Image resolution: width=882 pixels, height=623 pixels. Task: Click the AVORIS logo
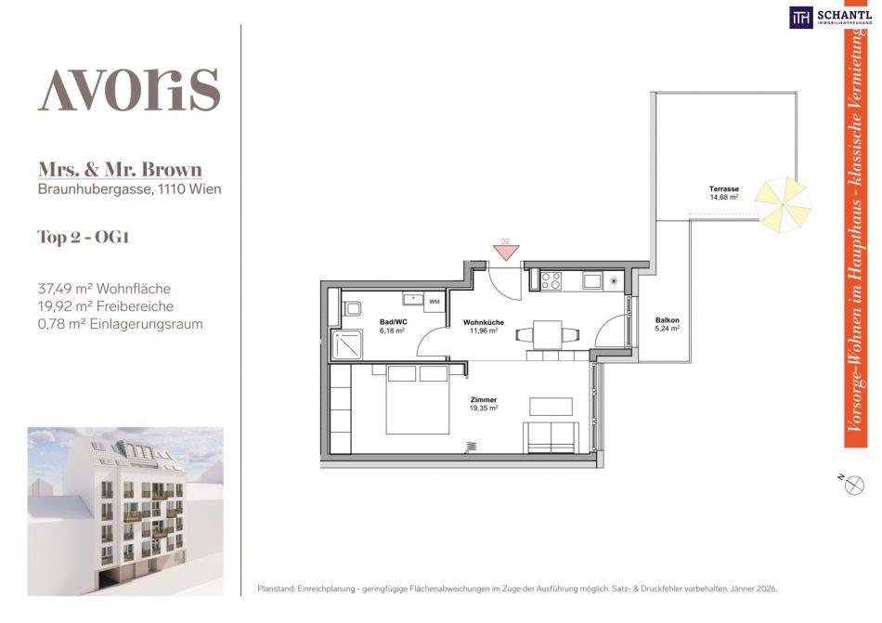pos(129,89)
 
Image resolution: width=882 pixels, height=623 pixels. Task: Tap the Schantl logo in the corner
pos(830,17)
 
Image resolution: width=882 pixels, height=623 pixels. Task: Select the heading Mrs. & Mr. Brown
pos(120,169)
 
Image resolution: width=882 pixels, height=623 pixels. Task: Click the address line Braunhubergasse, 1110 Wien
pos(129,188)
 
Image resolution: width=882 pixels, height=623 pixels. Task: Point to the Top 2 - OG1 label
pos(84,237)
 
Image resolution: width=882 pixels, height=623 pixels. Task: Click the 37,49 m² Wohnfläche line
pos(104,289)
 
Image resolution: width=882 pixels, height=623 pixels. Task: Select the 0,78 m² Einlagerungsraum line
pos(120,324)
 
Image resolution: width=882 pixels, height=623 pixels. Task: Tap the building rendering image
pos(125,511)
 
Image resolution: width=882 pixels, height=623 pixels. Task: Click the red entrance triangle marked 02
pos(506,251)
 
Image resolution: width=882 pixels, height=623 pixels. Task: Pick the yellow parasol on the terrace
pos(783,204)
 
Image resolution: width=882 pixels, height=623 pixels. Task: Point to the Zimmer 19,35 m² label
pos(484,404)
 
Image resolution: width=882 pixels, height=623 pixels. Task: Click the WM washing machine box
pos(435,302)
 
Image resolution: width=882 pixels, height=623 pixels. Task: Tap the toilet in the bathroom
pos(351,308)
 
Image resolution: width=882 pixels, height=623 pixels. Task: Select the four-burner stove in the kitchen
pos(551,280)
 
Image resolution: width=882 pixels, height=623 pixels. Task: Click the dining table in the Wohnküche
pos(548,334)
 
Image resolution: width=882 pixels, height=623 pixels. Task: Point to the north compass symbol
pos(853,485)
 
